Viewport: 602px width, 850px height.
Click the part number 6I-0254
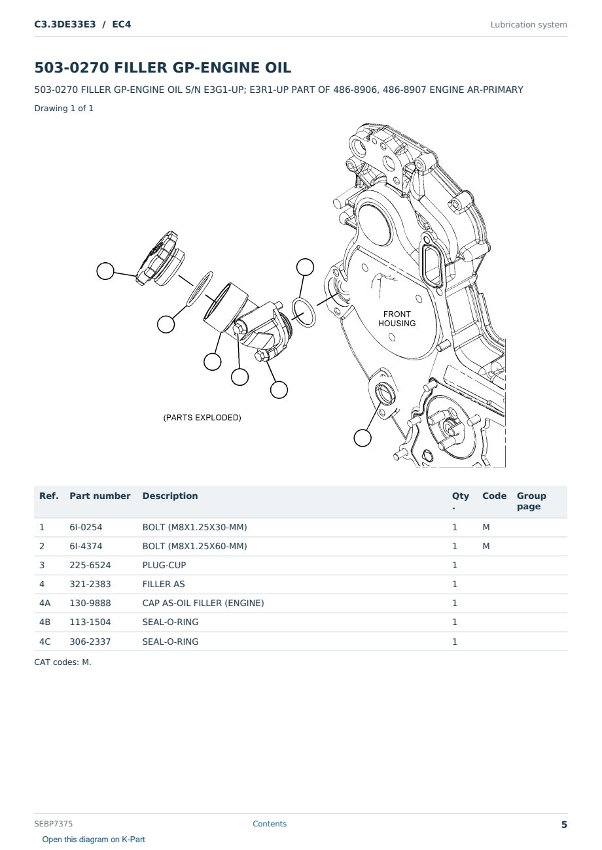point(86,527)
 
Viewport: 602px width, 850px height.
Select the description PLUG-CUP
point(164,565)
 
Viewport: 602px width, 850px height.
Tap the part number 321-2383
point(90,584)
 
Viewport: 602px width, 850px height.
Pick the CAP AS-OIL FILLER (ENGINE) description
point(204,603)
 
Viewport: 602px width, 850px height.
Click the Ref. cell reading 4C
point(44,641)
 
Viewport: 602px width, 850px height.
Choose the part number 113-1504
point(90,622)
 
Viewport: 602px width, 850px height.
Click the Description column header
point(170,496)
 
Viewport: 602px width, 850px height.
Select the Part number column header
point(100,496)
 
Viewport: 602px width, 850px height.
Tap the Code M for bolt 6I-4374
point(486,546)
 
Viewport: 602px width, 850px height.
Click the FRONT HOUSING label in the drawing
point(397,319)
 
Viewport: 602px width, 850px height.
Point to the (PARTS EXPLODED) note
point(202,417)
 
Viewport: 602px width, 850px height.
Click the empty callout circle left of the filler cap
point(105,271)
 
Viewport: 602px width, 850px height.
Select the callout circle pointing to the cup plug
point(363,437)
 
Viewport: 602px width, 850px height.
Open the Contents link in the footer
point(270,824)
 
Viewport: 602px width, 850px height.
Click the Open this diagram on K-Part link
point(94,840)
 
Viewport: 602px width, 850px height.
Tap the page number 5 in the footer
point(564,824)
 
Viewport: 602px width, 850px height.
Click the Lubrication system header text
point(529,25)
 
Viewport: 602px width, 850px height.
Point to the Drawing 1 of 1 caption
point(64,108)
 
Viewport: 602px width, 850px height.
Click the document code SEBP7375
point(53,824)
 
